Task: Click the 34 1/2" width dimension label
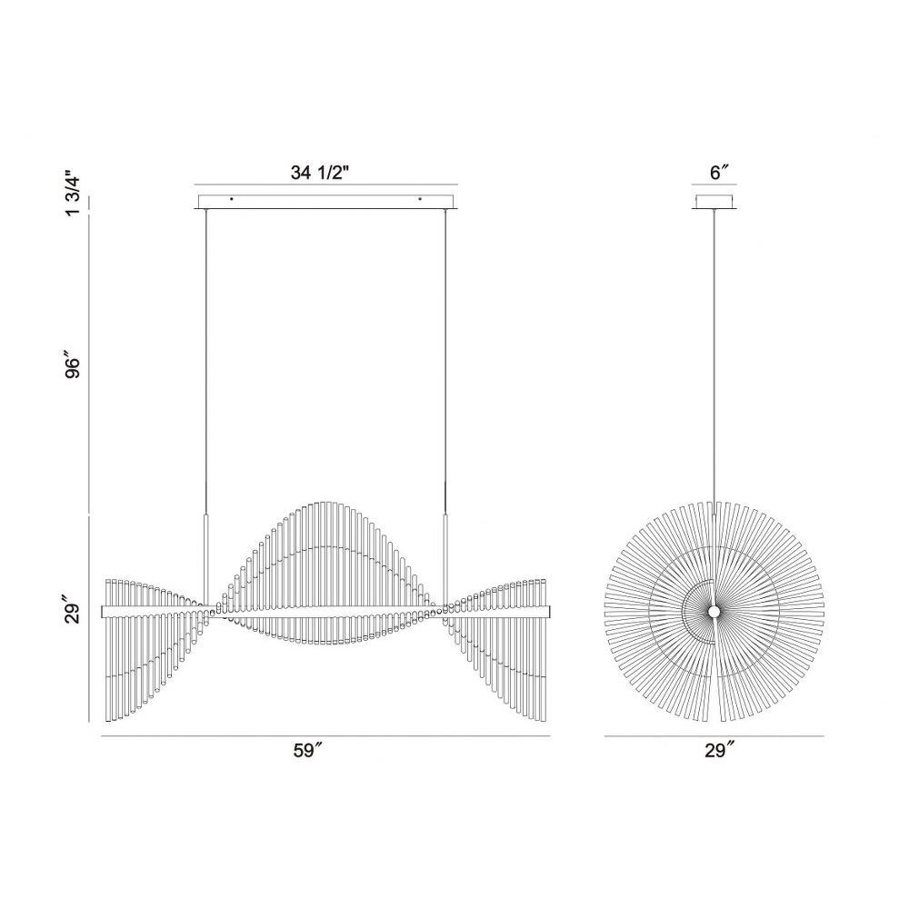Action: click(319, 172)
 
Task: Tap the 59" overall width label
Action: click(307, 750)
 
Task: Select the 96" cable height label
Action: click(73, 367)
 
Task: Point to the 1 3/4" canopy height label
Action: click(74, 193)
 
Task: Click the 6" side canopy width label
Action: click(718, 173)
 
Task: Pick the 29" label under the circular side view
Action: click(719, 750)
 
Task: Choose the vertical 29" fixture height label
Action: click(73, 612)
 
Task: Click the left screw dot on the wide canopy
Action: click(231, 199)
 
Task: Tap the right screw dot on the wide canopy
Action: click(420, 199)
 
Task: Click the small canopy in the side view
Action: click(714, 201)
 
